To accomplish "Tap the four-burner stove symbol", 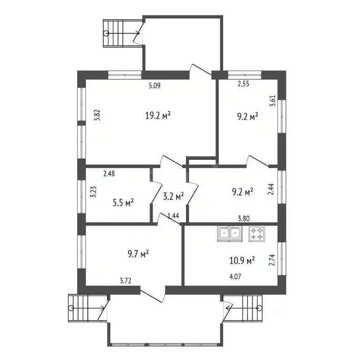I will pyautogui.click(x=256, y=234).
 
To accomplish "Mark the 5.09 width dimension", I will pyautogui.click(x=155, y=86).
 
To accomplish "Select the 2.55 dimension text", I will pyautogui.click(x=243, y=84).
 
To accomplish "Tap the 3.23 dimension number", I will pyautogui.click(x=93, y=193).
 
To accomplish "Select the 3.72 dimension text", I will pyautogui.click(x=125, y=281).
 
